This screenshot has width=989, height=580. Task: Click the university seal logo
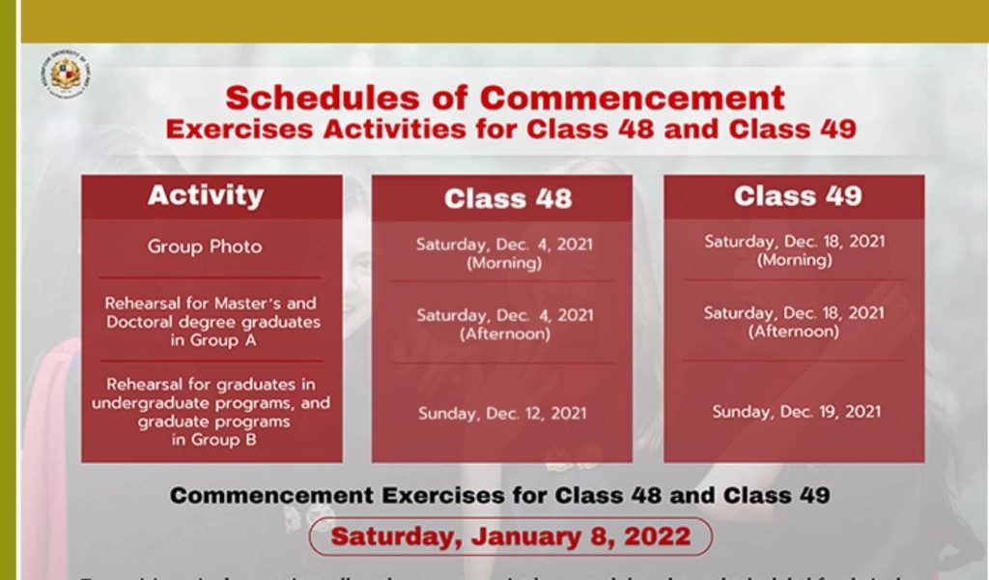65,73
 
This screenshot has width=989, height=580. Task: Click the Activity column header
206,195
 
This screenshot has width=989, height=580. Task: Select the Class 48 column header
508,198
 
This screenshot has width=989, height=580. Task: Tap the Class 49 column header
798,196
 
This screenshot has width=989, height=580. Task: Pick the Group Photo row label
205,246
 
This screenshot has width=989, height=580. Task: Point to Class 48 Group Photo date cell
504,253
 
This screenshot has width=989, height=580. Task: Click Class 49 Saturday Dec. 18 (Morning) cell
794,250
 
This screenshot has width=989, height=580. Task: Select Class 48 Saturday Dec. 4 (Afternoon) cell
505,324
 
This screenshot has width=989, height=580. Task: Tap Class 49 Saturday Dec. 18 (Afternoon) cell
794,321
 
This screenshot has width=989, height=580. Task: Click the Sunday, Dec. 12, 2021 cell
502,414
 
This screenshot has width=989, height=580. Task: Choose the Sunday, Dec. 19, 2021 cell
797,412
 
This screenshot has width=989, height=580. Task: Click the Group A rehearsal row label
212,321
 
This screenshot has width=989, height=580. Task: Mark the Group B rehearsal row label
211,412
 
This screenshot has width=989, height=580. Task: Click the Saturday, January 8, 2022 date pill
511,536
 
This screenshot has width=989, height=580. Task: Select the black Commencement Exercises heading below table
499,496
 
